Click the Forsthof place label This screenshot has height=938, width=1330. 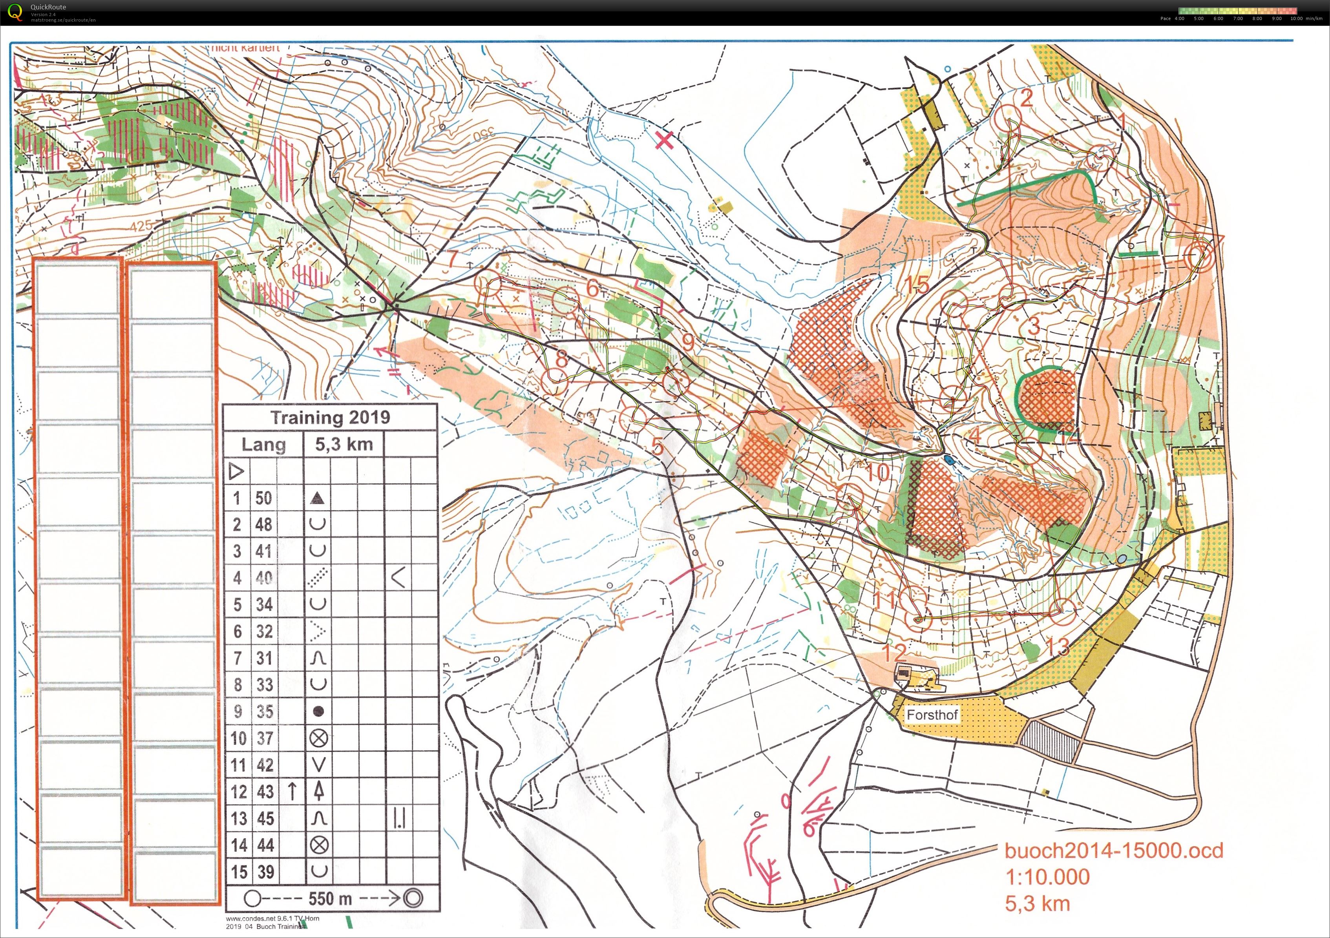(932, 715)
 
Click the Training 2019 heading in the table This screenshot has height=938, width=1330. (330, 418)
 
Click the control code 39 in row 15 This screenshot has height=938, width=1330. (264, 871)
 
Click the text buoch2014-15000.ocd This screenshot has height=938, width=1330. (1113, 850)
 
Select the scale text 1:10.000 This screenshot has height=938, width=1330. (1047, 877)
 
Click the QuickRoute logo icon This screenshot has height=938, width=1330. (15, 12)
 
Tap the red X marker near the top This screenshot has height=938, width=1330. (665, 140)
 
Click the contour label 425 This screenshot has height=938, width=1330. (141, 225)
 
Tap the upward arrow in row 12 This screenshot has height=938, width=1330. (292, 791)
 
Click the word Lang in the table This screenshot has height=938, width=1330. (263, 444)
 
